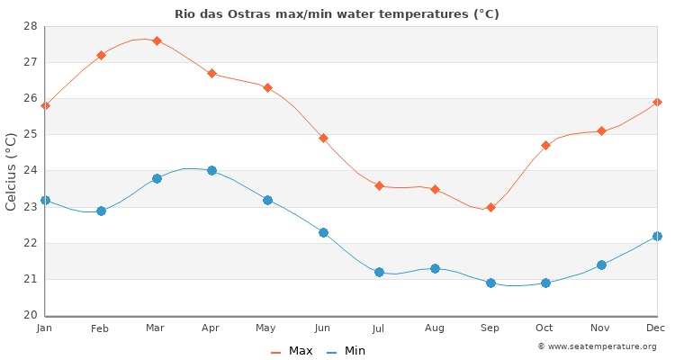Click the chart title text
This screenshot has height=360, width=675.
click(x=337, y=14)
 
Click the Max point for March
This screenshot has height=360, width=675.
click(x=157, y=40)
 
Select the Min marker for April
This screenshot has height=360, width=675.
click(x=211, y=170)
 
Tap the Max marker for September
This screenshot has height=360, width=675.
click(x=490, y=207)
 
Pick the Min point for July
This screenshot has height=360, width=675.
click(x=379, y=272)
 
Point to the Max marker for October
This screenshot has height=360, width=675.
click(x=545, y=145)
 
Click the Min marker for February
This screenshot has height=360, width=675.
click(x=101, y=211)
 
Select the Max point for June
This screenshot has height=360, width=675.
click(x=323, y=138)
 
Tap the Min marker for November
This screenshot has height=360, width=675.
click(x=601, y=265)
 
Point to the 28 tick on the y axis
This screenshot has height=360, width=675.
click(x=31, y=26)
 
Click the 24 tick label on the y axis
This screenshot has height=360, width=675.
click(x=31, y=171)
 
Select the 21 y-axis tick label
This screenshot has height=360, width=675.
click(x=31, y=279)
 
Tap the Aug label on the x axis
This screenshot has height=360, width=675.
click(x=435, y=329)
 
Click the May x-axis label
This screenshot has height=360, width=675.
click(x=267, y=329)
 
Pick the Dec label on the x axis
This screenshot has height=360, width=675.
click(x=656, y=329)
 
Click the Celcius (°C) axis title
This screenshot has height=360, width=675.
click(x=12, y=171)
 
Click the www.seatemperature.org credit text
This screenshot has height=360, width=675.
click(x=597, y=346)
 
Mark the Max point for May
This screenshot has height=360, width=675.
click(x=267, y=87)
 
